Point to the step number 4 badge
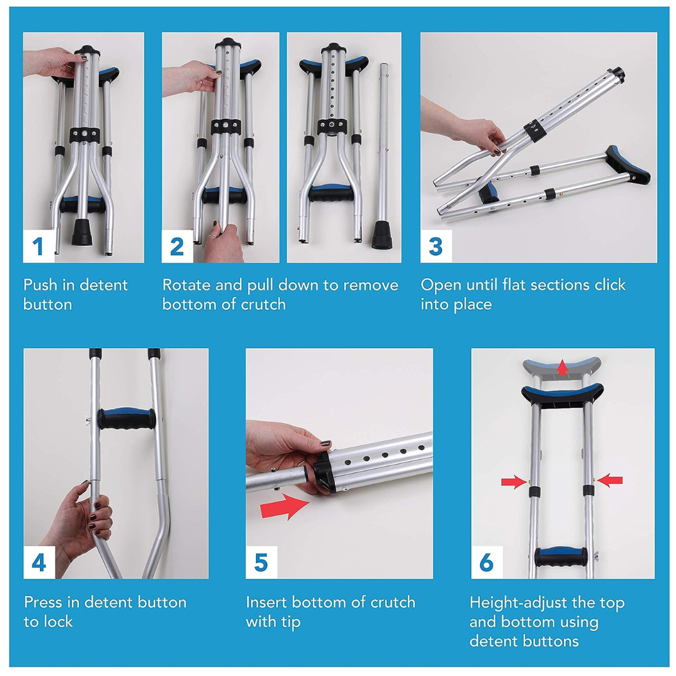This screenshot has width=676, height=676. click(x=39, y=563)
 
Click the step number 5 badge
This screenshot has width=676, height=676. click(x=261, y=563)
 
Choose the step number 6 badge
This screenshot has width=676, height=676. click(x=486, y=563)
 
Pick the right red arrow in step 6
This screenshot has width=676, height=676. click(x=610, y=480)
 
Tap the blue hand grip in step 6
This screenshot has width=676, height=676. click(x=561, y=555)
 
